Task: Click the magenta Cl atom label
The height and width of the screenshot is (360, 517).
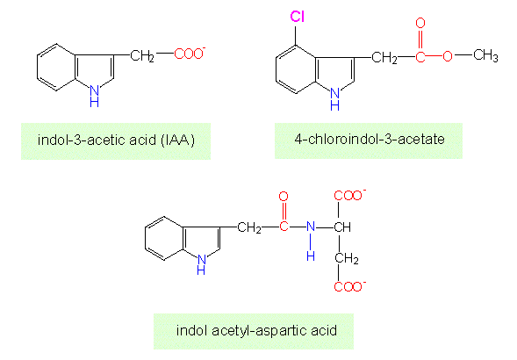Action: [297, 17]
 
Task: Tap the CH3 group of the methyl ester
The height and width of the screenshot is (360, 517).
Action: [485, 55]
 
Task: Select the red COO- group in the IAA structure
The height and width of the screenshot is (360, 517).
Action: [190, 54]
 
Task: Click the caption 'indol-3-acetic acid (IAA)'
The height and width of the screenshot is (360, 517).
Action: [116, 140]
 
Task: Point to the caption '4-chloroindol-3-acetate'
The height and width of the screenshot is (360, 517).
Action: [370, 139]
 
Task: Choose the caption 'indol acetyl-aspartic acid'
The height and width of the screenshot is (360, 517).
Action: [256, 330]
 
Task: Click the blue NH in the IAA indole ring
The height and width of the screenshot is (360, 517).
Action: [94, 96]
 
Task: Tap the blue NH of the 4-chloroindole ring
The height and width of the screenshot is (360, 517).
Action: [334, 98]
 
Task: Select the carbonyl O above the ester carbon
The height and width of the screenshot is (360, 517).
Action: [420, 23]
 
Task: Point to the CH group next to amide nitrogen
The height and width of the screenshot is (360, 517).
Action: [342, 227]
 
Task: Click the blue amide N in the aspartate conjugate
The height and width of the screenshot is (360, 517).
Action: [311, 227]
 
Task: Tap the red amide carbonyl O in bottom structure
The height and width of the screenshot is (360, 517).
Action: [284, 197]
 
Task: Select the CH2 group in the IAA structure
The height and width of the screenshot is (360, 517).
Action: [142, 55]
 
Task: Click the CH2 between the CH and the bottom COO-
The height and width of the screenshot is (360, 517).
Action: [347, 258]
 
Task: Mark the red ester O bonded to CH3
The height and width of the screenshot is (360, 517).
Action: [448, 56]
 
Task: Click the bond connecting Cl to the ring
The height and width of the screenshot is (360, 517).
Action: [296, 35]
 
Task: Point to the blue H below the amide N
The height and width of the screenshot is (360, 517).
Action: [311, 256]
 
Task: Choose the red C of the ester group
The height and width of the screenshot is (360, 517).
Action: [420, 56]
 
